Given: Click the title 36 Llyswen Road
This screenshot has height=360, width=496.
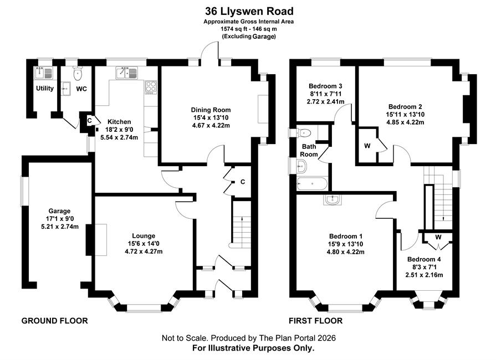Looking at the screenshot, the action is coord(249,12).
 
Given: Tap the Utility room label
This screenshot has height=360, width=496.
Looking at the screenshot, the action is coord(44,88).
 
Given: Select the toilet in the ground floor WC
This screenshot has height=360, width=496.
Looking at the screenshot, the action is coord(77,73).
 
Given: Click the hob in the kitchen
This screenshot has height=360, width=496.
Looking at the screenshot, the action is coord(151,88).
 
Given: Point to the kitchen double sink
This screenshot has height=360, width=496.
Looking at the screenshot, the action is coord(126,73).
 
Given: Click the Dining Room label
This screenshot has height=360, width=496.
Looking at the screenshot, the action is coord(211,110).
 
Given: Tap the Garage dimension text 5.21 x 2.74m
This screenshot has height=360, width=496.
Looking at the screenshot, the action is coord(60,227).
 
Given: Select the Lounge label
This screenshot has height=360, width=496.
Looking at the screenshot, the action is coord(144,236).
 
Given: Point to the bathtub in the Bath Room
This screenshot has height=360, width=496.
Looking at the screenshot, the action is coord(311,184).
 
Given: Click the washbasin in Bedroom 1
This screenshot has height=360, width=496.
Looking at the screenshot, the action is coord(333,200).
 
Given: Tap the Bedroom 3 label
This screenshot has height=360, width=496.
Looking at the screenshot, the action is coord(325,86).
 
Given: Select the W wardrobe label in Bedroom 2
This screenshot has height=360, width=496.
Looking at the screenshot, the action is coord(367,146).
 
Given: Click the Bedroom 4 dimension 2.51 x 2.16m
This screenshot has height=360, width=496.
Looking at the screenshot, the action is coord(424,275).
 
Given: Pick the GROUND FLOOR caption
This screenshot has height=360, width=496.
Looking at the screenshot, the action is coord(54,321).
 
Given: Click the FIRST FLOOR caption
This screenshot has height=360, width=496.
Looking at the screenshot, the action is coord(315,321).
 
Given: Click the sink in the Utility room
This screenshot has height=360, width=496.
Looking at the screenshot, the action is coord(44,73).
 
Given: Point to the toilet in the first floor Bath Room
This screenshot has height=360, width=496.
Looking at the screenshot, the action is coord(303,133).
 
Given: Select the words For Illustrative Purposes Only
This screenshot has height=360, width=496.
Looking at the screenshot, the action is coord(253,348).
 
